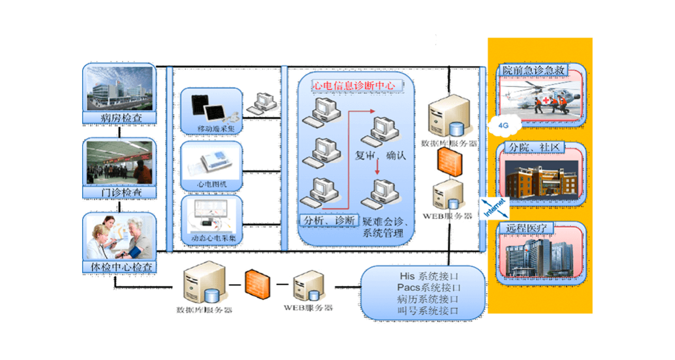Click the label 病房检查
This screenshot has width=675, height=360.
119,118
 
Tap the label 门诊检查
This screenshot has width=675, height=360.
119,193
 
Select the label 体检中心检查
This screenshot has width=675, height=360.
119,267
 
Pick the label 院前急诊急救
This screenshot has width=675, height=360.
533,70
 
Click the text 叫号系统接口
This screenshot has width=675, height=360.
427,310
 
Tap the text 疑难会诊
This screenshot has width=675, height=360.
380,221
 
